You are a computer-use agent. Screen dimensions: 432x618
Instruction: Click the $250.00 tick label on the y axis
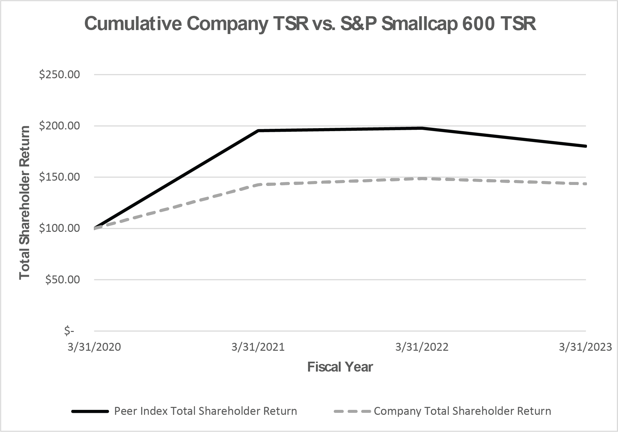[x=59, y=75]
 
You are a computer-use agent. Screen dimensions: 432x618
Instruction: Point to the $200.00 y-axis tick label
[x=59, y=126]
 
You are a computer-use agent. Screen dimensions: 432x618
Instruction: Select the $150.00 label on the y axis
[x=59, y=177]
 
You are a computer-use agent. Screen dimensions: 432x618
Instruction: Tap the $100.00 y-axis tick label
[x=59, y=228]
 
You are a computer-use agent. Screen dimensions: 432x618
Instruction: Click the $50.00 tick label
[x=62, y=280]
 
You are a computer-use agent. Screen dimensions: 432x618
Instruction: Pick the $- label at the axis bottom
[x=69, y=331]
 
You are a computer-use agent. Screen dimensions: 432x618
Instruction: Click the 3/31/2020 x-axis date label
[x=94, y=347]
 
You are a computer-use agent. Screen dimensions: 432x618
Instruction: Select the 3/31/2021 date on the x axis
[x=258, y=347]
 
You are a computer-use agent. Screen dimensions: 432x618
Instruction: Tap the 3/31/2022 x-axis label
[x=422, y=347]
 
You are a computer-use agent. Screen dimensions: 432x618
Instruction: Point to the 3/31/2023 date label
[x=585, y=347]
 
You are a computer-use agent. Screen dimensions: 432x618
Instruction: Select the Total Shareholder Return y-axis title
[x=24, y=202]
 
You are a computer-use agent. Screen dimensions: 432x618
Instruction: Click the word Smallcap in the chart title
[x=419, y=24]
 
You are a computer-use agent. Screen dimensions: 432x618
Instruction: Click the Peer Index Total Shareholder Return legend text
[x=205, y=411]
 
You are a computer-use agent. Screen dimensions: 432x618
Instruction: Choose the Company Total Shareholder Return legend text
[x=462, y=411]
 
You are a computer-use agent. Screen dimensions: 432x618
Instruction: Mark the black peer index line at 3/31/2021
[x=258, y=131]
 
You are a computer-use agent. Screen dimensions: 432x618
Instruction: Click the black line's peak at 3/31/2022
[x=422, y=128]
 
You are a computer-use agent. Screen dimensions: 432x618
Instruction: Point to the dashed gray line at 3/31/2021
[x=258, y=185]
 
